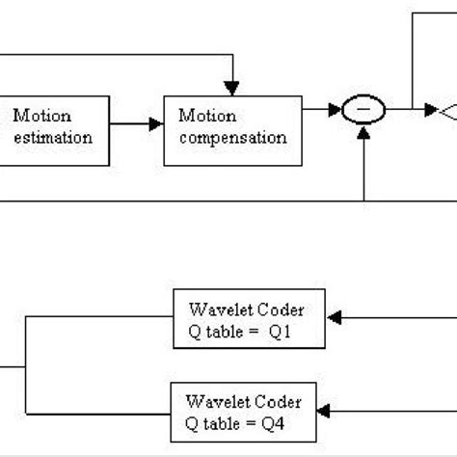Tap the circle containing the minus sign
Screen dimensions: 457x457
point(363,112)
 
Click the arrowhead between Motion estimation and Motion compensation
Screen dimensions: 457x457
point(156,124)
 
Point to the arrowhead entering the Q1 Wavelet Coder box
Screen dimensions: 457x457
point(336,315)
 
